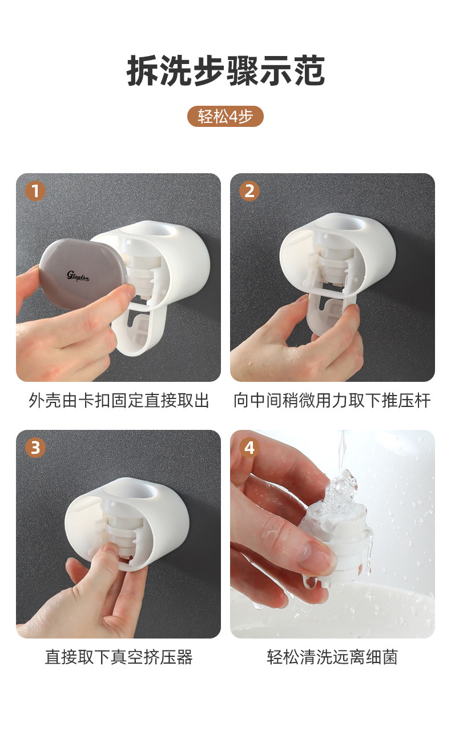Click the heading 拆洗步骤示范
pos(226,71)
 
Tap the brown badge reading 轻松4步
pos(226,117)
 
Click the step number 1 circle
pos(35,191)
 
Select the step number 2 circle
pos(249,191)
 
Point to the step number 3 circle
pos(35,448)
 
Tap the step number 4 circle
pos(249,448)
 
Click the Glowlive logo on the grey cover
pos(78,276)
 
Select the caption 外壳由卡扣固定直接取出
pos(119,401)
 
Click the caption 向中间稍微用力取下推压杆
pos(332,401)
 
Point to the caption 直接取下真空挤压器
pos(119,657)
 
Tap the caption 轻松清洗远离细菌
pos(332,657)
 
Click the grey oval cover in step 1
pos(83,274)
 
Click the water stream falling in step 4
pos(342,452)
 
